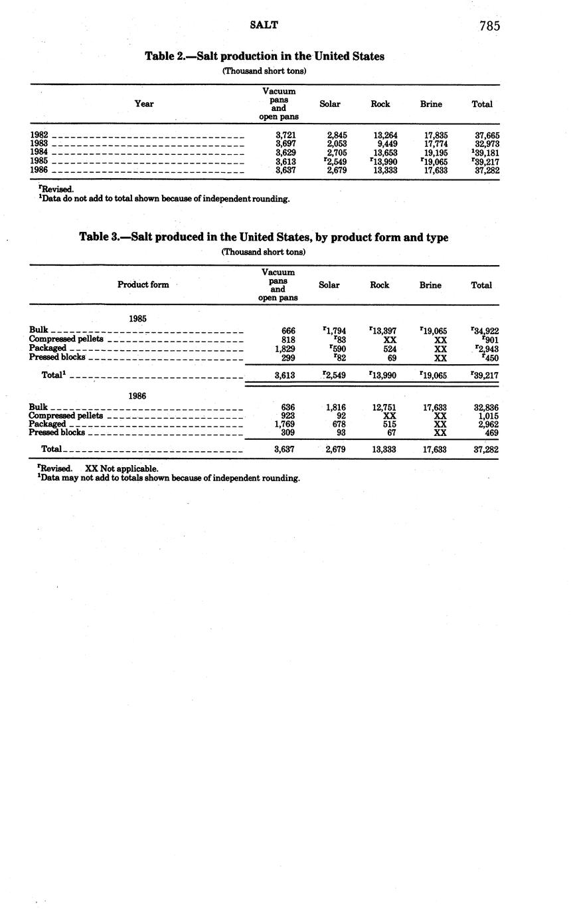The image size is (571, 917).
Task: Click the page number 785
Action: (489, 26)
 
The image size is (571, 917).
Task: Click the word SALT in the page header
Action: (264, 25)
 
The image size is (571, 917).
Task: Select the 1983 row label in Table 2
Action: (39, 144)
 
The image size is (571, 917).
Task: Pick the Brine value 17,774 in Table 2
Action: (436, 144)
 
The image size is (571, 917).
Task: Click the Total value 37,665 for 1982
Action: (487, 135)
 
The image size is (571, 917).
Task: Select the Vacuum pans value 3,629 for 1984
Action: (285, 152)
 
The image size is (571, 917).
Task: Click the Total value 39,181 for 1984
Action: (487, 152)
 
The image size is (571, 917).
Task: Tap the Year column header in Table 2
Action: (144, 104)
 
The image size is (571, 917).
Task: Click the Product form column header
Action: (143, 284)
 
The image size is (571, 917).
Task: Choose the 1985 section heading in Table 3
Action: (137, 318)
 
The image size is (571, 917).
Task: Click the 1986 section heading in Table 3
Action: (137, 395)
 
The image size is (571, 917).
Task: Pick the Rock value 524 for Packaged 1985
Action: (390, 348)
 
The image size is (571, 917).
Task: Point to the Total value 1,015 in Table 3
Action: (487, 416)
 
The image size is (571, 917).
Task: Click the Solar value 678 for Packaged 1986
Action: (339, 424)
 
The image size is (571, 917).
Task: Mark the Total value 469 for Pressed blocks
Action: (491, 433)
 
